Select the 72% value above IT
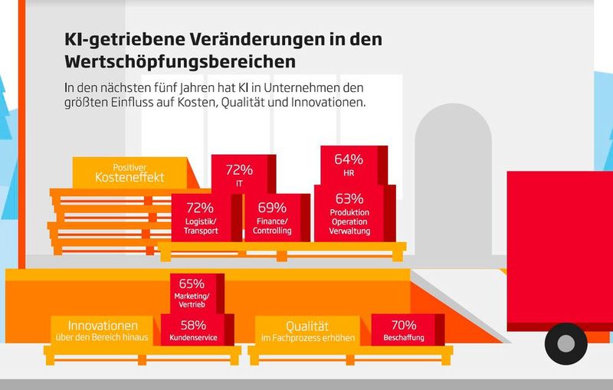[x=239, y=169]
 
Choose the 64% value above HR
[x=349, y=160]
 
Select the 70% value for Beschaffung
[x=403, y=324]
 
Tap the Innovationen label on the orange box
[x=103, y=323]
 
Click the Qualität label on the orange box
[x=311, y=323]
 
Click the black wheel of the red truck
[x=565, y=342]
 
